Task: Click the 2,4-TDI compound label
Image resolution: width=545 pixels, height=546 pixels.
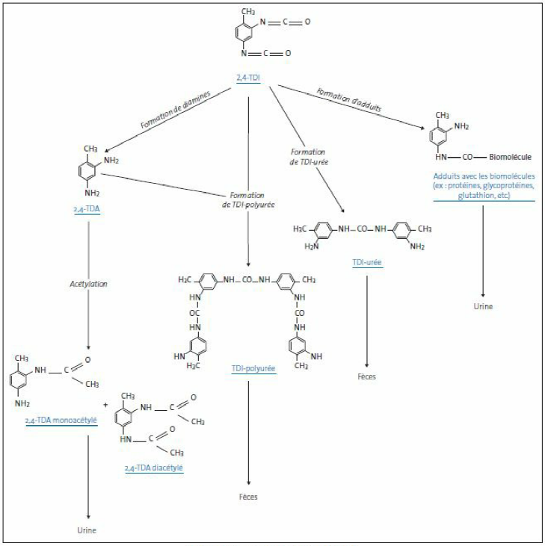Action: [x=247, y=77]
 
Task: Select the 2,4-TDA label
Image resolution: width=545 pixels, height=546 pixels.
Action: [x=88, y=211]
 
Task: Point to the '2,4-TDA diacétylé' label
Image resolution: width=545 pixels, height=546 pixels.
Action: [x=155, y=468]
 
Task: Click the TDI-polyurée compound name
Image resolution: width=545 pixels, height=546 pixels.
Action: [x=253, y=368]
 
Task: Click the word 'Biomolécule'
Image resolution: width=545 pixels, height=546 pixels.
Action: [x=511, y=158]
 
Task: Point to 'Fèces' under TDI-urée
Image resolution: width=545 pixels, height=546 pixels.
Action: [x=366, y=376]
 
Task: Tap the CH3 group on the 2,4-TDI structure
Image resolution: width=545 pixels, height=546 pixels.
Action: [x=249, y=12]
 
